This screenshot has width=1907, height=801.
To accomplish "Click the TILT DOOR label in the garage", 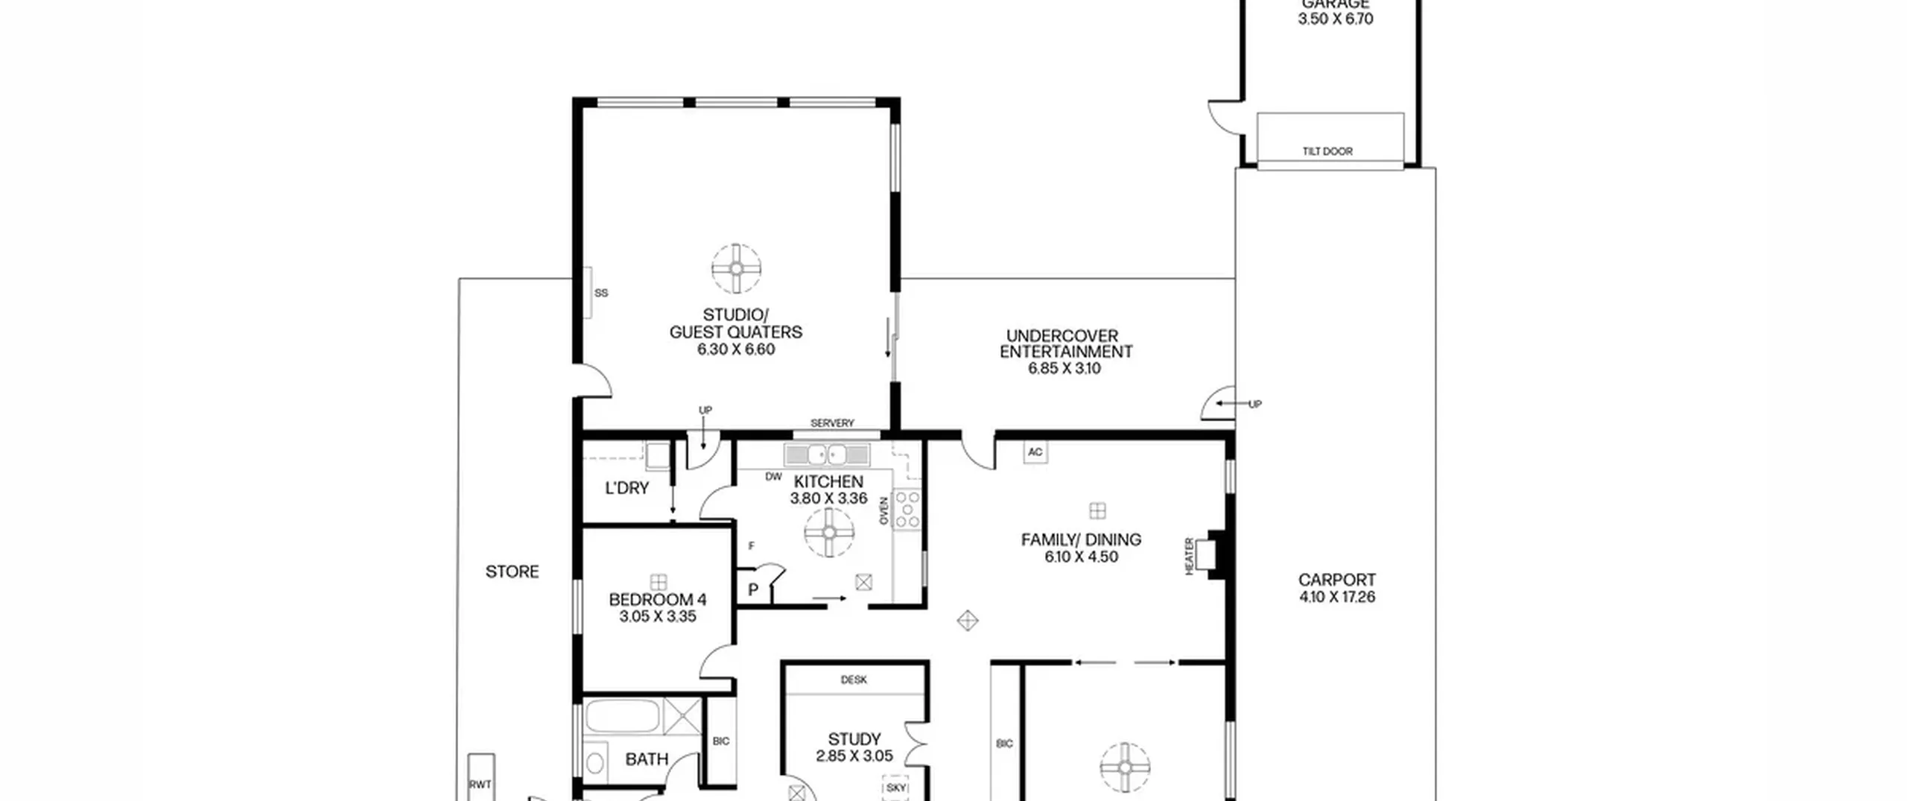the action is (x=1327, y=151).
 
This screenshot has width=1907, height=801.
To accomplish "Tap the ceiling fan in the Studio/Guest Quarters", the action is (x=736, y=268).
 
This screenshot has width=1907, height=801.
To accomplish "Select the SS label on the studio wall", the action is (x=601, y=293).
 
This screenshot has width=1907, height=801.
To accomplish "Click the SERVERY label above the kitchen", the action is (x=832, y=423).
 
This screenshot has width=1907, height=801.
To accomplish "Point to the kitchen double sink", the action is (x=827, y=454).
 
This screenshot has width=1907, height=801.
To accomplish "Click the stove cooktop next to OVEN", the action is (x=907, y=510).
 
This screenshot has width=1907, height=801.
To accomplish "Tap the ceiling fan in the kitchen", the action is (x=829, y=532).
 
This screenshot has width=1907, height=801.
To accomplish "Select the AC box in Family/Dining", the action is (x=1035, y=452).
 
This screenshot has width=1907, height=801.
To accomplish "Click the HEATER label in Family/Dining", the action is (x=1189, y=557).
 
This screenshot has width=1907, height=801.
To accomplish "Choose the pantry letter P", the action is (x=753, y=590).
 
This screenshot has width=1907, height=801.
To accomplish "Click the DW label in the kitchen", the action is (x=774, y=477).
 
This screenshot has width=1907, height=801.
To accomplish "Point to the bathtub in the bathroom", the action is (x=623, y=716).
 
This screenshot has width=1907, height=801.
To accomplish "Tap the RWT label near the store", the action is (x=480, y=784).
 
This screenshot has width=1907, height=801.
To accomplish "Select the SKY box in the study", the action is (x=896, y=787).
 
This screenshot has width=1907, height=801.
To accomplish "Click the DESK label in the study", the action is (x=854, y=680).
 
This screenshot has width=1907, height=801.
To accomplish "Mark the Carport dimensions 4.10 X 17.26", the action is (x=1337, y=597).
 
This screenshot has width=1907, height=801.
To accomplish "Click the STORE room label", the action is (x=513, y=572).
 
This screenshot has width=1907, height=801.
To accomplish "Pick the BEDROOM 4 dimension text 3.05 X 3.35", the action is (x=658, y=617).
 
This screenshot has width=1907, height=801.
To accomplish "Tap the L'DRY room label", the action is (x=627, y=488).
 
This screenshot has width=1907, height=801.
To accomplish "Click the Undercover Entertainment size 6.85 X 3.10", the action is (x=1064, y=369).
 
